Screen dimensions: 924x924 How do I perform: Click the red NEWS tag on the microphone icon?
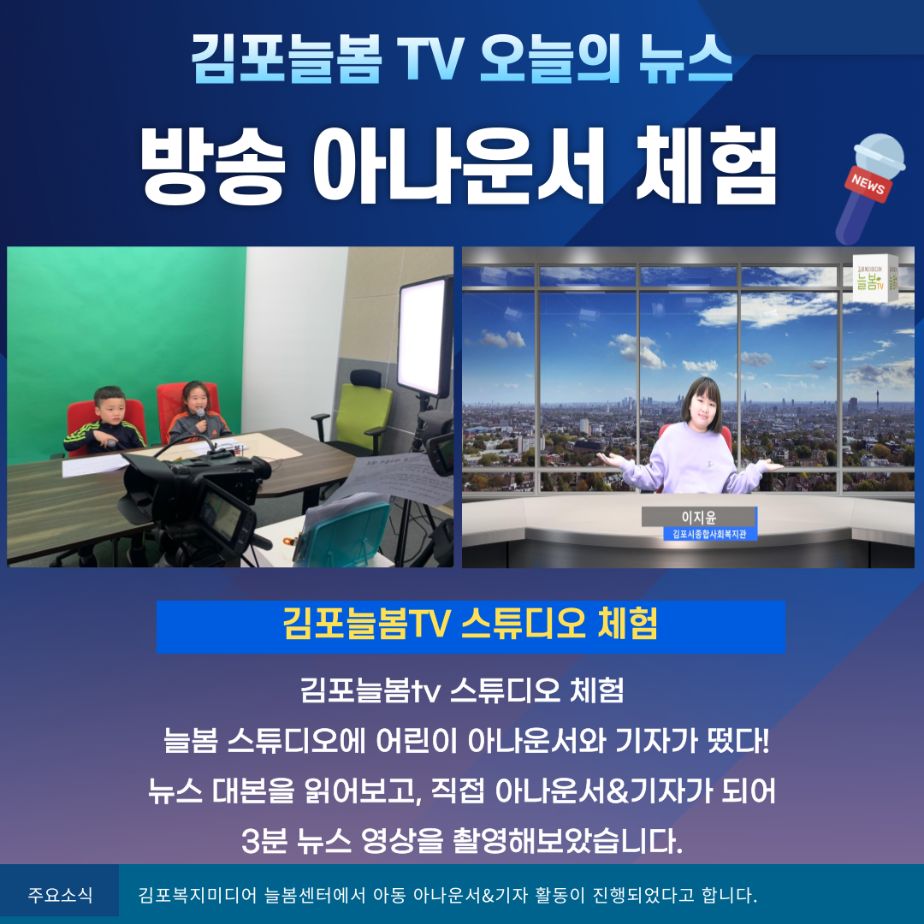(x=868, y=184)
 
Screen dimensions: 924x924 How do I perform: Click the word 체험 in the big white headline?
(x=705, y=166)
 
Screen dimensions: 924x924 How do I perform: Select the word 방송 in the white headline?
(x=213, y=166)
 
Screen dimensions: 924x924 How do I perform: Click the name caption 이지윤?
(x=699, y=517)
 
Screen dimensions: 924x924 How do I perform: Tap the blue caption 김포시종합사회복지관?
(x=709, y=534)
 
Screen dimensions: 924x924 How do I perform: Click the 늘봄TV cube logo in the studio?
(x=875, y=278)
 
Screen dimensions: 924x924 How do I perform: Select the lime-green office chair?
(x=357, y=412)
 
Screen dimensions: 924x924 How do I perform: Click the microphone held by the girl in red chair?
(x=201, y=418)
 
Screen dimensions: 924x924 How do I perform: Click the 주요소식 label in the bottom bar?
(x=60, y=895)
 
